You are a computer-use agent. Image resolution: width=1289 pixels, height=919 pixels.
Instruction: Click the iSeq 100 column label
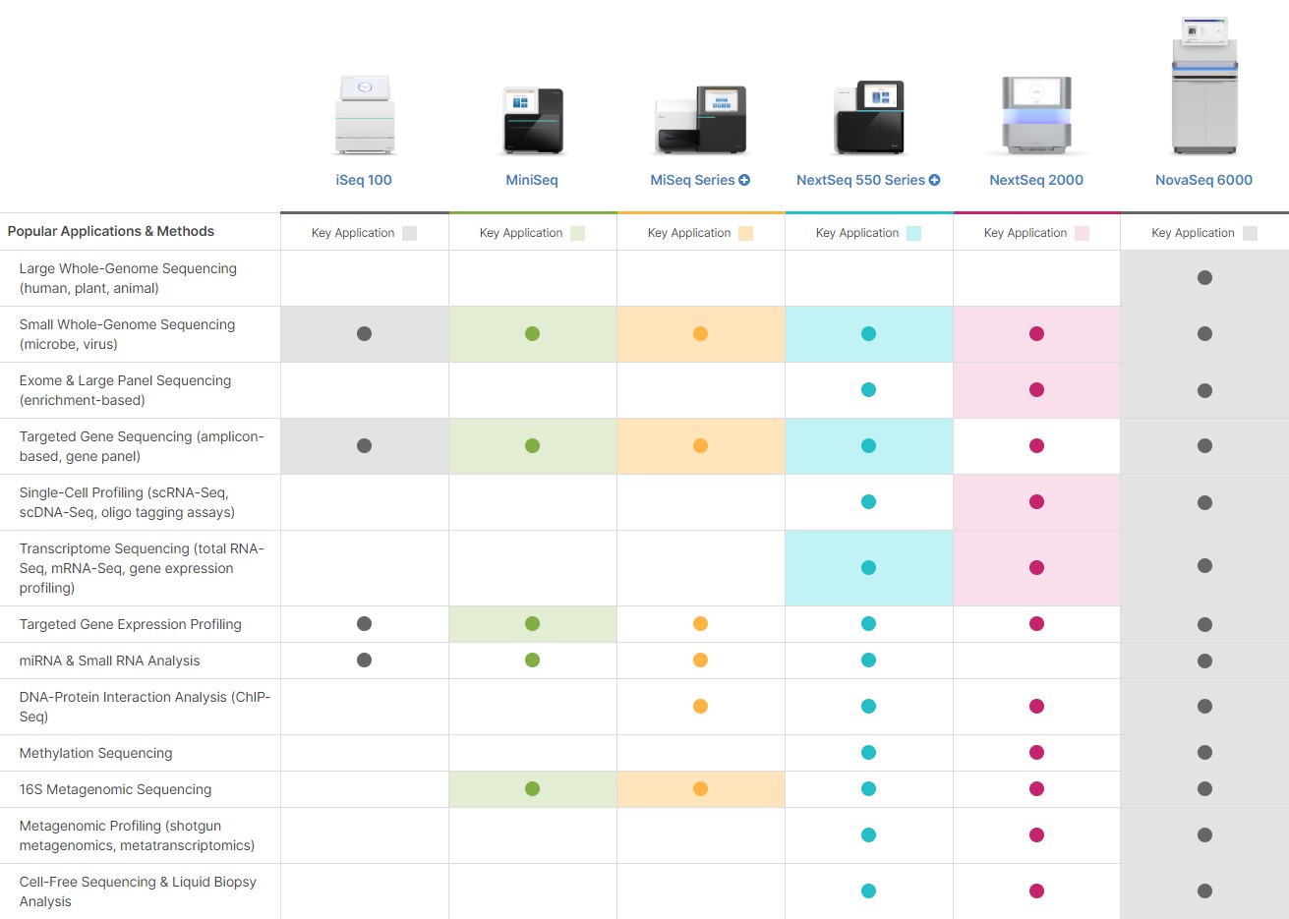pos(364,180)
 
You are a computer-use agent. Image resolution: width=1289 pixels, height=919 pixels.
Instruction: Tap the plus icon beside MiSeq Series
pos(744,180)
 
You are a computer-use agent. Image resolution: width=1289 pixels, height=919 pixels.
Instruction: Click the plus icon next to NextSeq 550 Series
pos(934,180)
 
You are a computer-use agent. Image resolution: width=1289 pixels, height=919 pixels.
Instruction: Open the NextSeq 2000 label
pos(1036,180)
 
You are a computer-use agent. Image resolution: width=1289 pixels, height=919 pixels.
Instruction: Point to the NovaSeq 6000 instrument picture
pos(1204,86)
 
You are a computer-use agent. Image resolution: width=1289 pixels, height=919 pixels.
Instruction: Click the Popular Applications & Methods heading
pos(111,231)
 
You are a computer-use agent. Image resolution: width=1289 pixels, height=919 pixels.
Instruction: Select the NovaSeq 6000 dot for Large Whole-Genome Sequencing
pos(1204,278)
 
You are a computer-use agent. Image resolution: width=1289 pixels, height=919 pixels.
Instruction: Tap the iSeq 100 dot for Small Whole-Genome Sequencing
pos(364,333)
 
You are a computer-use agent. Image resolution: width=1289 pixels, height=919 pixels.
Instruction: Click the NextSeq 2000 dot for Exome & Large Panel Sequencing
pos(1036,389)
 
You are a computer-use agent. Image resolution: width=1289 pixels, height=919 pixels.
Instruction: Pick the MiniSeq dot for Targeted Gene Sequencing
pos(532,445)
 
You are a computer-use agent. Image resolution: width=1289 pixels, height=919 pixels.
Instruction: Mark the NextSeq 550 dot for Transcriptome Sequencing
pos(868,567)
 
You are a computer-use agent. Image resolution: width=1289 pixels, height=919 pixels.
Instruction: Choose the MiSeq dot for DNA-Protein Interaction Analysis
pos(700,706)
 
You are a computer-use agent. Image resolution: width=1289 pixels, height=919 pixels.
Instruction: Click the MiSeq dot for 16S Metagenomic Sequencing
pos(700,788)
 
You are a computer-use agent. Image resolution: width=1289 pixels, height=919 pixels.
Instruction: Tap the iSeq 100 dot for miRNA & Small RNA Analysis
pos(364,660)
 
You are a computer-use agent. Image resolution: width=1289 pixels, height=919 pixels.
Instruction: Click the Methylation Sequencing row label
pos(96,753)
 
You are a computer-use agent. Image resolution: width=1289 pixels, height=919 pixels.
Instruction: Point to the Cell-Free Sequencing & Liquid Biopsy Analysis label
pos(138,891)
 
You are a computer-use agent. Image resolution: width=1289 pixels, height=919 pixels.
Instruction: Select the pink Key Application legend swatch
pos(1082,233)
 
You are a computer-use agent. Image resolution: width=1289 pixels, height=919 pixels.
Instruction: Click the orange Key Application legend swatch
pos(745,233)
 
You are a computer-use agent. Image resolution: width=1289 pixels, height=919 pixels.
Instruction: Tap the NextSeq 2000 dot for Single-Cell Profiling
pos(1036,501)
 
